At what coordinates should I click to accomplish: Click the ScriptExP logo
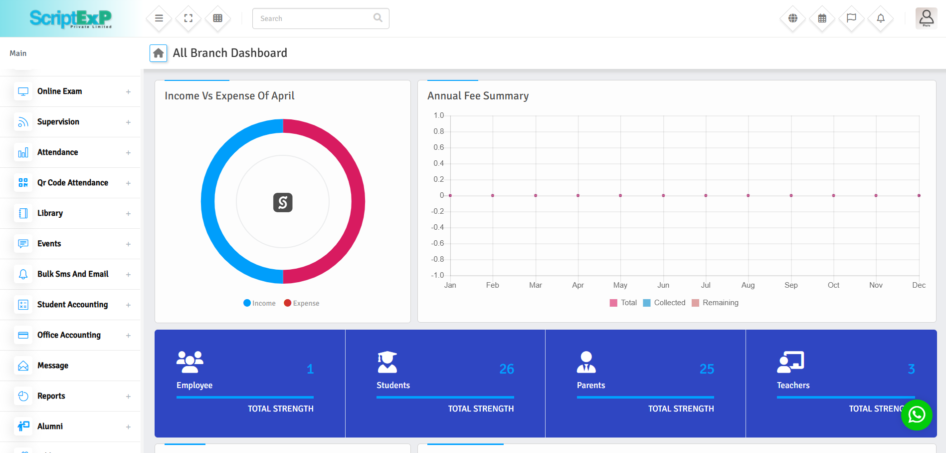70,18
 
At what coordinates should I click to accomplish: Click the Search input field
314,18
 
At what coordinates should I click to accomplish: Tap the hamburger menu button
159,18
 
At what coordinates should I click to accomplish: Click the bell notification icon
881,18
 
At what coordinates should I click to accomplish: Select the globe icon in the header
793,18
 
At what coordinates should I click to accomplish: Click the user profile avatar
926,18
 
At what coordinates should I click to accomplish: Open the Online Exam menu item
60,91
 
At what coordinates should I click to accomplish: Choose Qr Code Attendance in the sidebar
73,183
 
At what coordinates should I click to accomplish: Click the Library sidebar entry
50,213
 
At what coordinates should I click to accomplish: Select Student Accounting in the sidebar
72,305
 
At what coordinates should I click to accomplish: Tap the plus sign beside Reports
128,397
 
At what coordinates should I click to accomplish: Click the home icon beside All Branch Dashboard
159,53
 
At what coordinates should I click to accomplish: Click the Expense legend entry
302,303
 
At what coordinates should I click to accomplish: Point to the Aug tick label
748,285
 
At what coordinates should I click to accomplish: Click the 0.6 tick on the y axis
438,147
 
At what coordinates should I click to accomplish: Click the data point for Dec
919,195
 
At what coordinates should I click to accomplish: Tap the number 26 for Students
507,369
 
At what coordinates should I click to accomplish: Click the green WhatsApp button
917,415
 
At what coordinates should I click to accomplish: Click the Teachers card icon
790,362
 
